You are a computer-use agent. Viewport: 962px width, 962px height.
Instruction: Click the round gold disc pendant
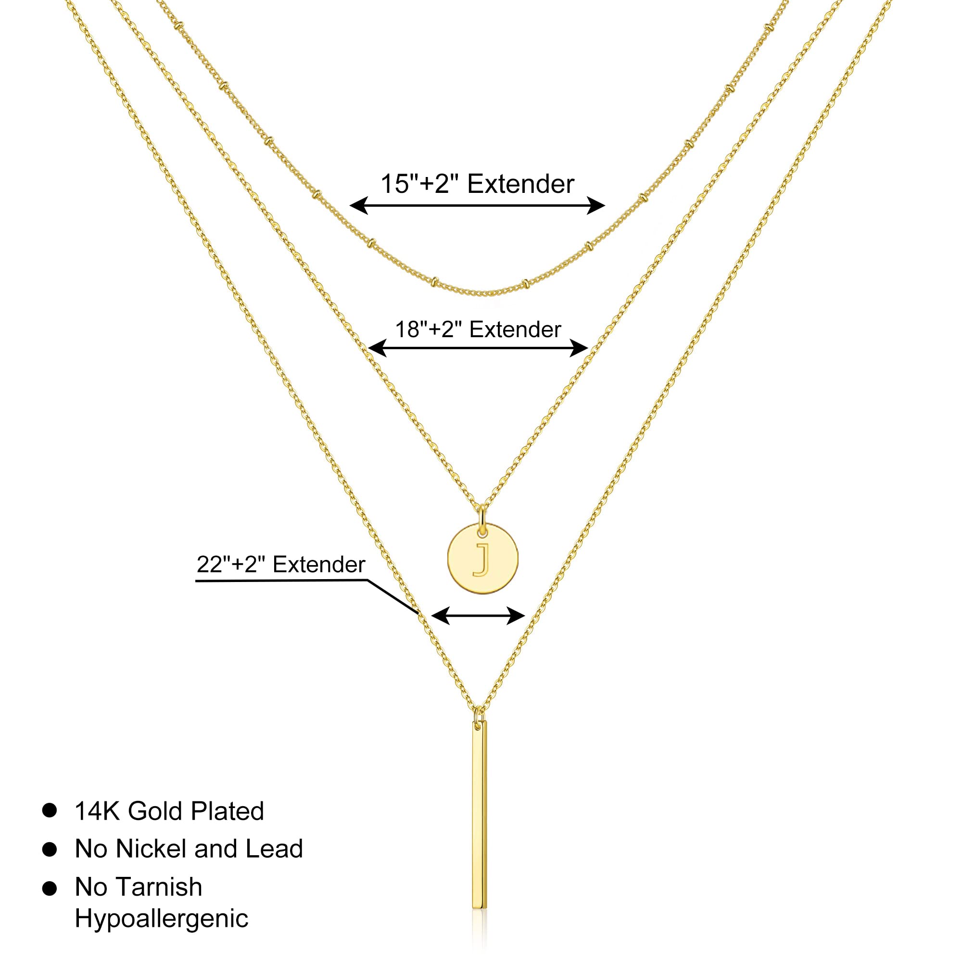coord(482,557)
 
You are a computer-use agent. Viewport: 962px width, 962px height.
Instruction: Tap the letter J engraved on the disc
coord(482,560)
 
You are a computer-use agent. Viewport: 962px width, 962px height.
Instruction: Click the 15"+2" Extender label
coord(477,184)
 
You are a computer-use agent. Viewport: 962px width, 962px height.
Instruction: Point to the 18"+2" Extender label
coord(478,329)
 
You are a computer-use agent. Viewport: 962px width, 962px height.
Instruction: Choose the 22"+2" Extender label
coord(281,565)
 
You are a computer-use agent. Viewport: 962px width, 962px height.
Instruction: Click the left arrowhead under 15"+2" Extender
coord(359,205)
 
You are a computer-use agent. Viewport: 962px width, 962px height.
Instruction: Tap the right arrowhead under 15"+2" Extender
coord(596,205)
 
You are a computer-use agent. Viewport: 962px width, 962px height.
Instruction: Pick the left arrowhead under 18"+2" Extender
coord(377,348)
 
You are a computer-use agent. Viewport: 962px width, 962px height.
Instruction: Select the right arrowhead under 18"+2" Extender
coord(579,348)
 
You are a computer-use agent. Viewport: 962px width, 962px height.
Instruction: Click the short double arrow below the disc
coord(478,616)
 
